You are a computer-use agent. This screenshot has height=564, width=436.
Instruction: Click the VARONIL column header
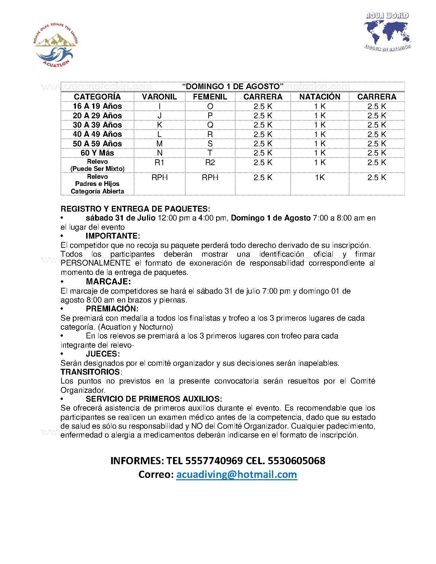(159, 97)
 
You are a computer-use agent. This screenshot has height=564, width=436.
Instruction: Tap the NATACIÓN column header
(320, 97)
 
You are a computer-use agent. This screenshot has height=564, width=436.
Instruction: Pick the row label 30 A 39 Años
(97, 125)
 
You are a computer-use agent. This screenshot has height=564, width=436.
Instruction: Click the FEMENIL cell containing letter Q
(210, 125)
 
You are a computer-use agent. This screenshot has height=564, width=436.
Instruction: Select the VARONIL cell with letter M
(159, 144)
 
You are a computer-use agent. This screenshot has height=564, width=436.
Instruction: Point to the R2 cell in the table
(210, 162)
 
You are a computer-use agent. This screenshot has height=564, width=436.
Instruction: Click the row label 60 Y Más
(97, 153)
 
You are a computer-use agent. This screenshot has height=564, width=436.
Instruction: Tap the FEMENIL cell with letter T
(210, 153)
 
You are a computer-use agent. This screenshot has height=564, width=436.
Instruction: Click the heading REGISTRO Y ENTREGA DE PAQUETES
(135, 209)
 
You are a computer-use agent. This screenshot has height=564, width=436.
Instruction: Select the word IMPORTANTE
(113, 236)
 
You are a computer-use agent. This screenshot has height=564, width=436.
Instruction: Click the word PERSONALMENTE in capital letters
(95, 263)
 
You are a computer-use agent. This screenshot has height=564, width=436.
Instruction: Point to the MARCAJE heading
(108, 282)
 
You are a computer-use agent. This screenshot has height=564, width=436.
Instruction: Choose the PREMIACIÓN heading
(112, 309)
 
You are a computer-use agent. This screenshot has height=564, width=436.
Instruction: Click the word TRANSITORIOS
(90, 372)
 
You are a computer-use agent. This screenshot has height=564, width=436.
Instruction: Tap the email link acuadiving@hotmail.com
(237, 474)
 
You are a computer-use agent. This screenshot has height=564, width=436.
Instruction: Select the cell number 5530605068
(296, 461)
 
